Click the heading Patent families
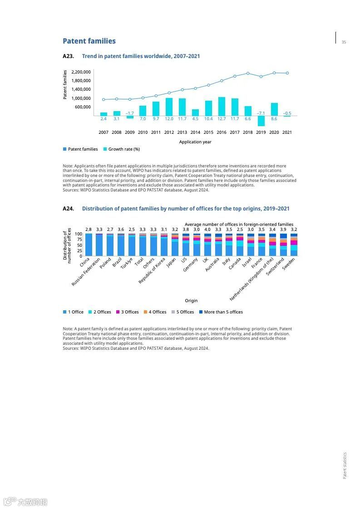click(x=89, y=41)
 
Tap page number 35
click(x=344, y=42)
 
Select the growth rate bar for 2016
click(x=222, y=106)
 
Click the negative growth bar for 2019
click(x=261, y=121)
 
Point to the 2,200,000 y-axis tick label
click(x=81, y=72)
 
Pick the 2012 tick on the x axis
click(x=169, y=132)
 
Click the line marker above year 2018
click(x=248, y=73)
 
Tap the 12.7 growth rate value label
click(x=222, y=119)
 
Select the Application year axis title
click(x=195, y=142)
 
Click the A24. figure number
click(x=68, y=209)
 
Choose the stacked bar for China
click(x=89, y=245)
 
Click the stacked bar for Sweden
click(x=294, y=245)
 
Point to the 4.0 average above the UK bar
click(x=207, y=230)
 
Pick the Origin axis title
click(x=191, y=301)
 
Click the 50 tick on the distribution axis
click(x=80, y=245)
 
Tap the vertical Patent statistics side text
click(x=345, y=465)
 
